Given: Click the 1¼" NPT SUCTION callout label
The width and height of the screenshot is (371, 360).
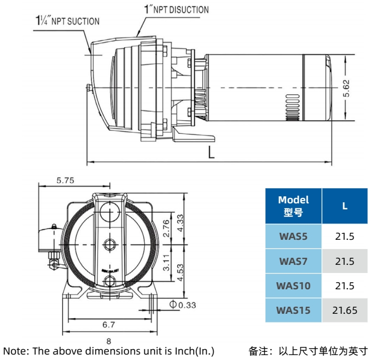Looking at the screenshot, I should tap(67, 21).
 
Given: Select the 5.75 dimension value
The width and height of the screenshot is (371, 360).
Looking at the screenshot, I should tap(65, 181).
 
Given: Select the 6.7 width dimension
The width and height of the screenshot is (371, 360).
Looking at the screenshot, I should tap(109, 325).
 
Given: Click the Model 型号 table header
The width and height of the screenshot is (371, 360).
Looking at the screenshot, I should tap(293, 206).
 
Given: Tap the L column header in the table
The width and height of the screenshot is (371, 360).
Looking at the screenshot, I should tap(345, 206).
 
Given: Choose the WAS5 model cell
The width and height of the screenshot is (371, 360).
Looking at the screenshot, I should tap(293, 237).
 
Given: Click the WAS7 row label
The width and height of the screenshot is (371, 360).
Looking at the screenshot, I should tap(293, 261).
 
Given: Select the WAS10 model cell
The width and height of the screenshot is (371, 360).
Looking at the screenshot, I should tap(293, 285).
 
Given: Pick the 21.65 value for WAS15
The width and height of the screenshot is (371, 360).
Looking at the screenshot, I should tap(345, 310).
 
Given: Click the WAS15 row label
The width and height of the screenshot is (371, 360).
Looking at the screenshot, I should tap(293, 310).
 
